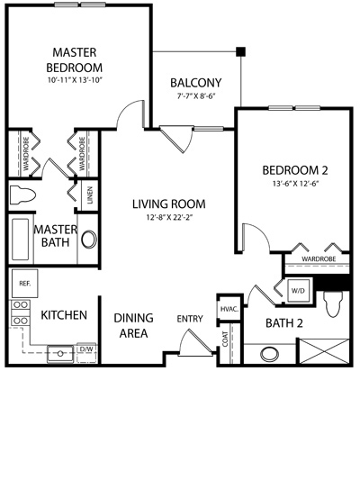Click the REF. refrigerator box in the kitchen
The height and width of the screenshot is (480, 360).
pyautogui.click(x=25, y=283)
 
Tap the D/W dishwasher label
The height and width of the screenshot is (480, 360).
pyautogui.click(x=86, y=349)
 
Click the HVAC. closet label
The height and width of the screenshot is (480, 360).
pyautogui.click(x=229, y=309)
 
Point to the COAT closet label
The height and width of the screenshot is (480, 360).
pyautogui.click(x=225, y=339)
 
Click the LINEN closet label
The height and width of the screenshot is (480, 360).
pyautogui.click(x=90, y=195)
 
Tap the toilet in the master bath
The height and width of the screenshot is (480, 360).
pyautogui.click(x=22, y=195)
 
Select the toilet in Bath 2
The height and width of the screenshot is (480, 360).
pyautogui.click(x=333, y=304)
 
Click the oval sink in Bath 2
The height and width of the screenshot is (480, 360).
pyautogui.click(x=269, y=354)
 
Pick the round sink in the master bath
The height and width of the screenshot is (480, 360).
pyautogui.click(x=89, y=239)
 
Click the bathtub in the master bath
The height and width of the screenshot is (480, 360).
pyautogui.click(x=20, y=239)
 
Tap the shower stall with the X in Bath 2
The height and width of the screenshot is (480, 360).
pyautogui.click(x=324, y=351)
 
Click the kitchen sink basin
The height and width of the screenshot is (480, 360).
pyautogui.click(x=60, y=354)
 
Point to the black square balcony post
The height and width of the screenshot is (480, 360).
pyautogui.click(x=240, y=51)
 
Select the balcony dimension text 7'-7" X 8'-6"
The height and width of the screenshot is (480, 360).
pyautogui.click(x=196, y=96)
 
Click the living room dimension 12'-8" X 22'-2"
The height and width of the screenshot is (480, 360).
pyautogui.click(x=169, y=218)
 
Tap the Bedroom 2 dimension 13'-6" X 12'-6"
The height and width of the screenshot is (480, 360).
pyautogui.click(x=295, y=184)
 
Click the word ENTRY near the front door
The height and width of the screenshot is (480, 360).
pyautogui.click(x=190, y=319)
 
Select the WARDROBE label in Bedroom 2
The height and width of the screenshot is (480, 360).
pyautogui.click(x=319, y=259)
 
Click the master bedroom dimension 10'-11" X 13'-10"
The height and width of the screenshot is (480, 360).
pyautogui.click(x=75, y=80)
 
